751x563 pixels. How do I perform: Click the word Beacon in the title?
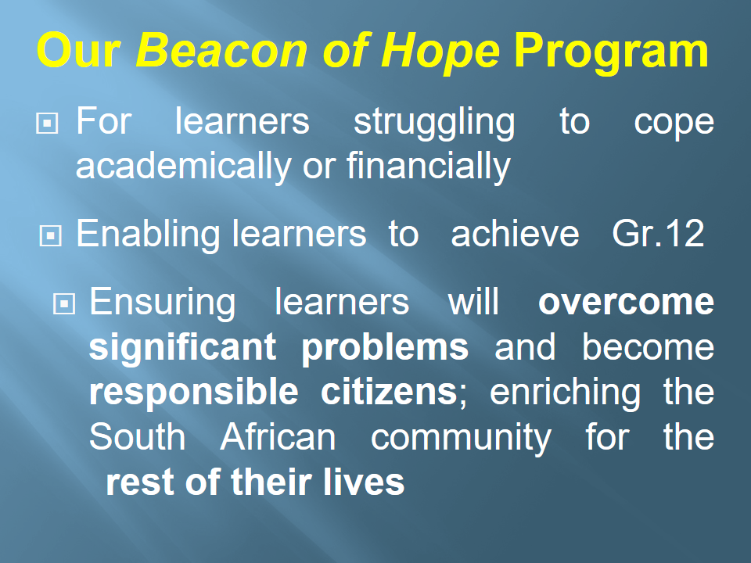click(221, 50)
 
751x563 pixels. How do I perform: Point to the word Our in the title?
click(78, 50)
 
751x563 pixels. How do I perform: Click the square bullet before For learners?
click(48, 123)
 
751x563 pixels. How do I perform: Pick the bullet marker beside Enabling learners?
click(50, 236)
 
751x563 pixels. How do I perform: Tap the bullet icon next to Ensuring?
click(63, 303)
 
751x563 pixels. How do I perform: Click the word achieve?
click(515, 234)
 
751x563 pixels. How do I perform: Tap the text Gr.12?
click(658, 234)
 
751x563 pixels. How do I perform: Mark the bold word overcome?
click(627, 303)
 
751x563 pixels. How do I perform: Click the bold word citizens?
click(389, 392)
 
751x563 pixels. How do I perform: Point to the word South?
click(137, 436)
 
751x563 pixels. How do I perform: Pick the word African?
click(278, 436)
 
